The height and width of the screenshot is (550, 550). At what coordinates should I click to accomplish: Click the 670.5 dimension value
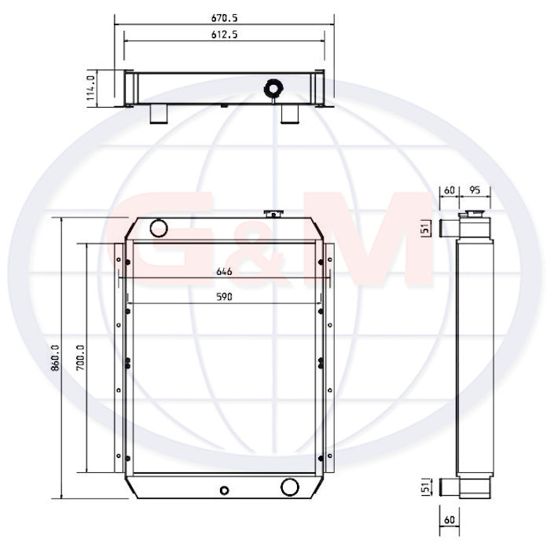225,18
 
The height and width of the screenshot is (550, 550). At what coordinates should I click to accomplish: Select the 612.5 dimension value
225,35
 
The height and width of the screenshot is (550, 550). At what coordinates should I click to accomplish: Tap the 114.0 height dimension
91,88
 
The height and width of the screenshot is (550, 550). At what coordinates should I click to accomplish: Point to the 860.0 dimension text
56,357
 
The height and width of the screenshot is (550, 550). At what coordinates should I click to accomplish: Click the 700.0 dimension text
80,357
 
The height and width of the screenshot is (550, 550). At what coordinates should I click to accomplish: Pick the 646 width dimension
224,272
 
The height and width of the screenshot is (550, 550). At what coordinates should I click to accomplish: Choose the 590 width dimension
224,297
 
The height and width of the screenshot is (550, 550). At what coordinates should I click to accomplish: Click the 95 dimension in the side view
475,190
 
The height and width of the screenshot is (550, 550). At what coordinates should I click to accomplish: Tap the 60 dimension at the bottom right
449,519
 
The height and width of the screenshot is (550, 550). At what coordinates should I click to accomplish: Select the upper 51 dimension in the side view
425,229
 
